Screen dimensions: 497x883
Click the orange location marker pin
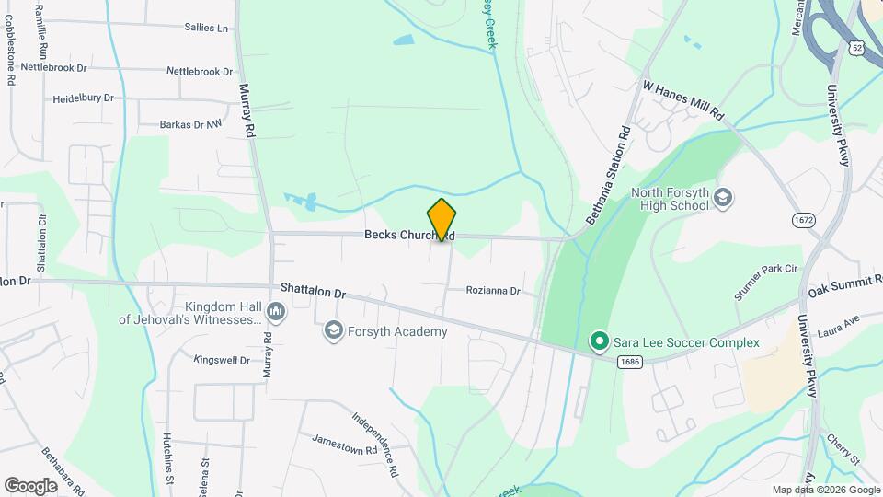click(x=442, y=219)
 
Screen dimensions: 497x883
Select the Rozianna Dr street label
click(x=493, y=291)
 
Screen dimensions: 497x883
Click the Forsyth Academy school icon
click(x=333, y=331)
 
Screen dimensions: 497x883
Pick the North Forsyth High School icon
click(x=724, y=198)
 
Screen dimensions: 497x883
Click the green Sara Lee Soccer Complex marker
click(x=600, y=342)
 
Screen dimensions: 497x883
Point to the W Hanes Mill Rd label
click(x=684, y=101)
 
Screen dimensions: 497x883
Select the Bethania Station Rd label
click(x=607, y=176)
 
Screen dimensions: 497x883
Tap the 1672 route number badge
click(x=804, y=220)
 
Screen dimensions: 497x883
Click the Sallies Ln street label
click(x=206, y=28)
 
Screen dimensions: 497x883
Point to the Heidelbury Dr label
click(x=83, y=98)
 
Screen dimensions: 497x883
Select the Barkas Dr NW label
click(x=191, y=124)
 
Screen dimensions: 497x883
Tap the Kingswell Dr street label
click(x=222, y=359)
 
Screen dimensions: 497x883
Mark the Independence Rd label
click(x=377, y=443)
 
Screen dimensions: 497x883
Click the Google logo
click(x=30, y=485)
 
